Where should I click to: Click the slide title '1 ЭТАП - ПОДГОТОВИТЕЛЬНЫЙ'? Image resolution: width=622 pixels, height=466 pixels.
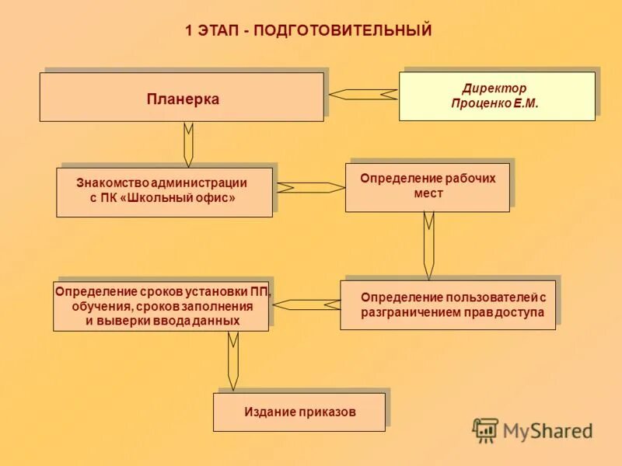pos(308,31)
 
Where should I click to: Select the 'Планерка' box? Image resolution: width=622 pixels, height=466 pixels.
pos(182,99)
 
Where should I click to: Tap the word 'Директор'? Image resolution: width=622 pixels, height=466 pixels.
pos(494,89)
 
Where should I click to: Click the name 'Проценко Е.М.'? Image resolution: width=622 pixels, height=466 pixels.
pos(494,103)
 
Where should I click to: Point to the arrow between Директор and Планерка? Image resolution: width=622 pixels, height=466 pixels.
pos(362,94)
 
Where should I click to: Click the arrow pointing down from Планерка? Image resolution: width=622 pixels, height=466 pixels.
pos(188,144)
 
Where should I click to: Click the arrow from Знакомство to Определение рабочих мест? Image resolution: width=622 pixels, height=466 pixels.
pos(309,187)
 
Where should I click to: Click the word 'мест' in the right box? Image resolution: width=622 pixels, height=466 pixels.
pos(428,193)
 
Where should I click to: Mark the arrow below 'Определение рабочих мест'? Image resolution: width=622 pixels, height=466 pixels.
pos(428,245)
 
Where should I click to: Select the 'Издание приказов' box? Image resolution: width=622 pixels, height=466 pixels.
pos(299,412)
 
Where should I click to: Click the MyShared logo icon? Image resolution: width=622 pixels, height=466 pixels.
pos(486,429)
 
